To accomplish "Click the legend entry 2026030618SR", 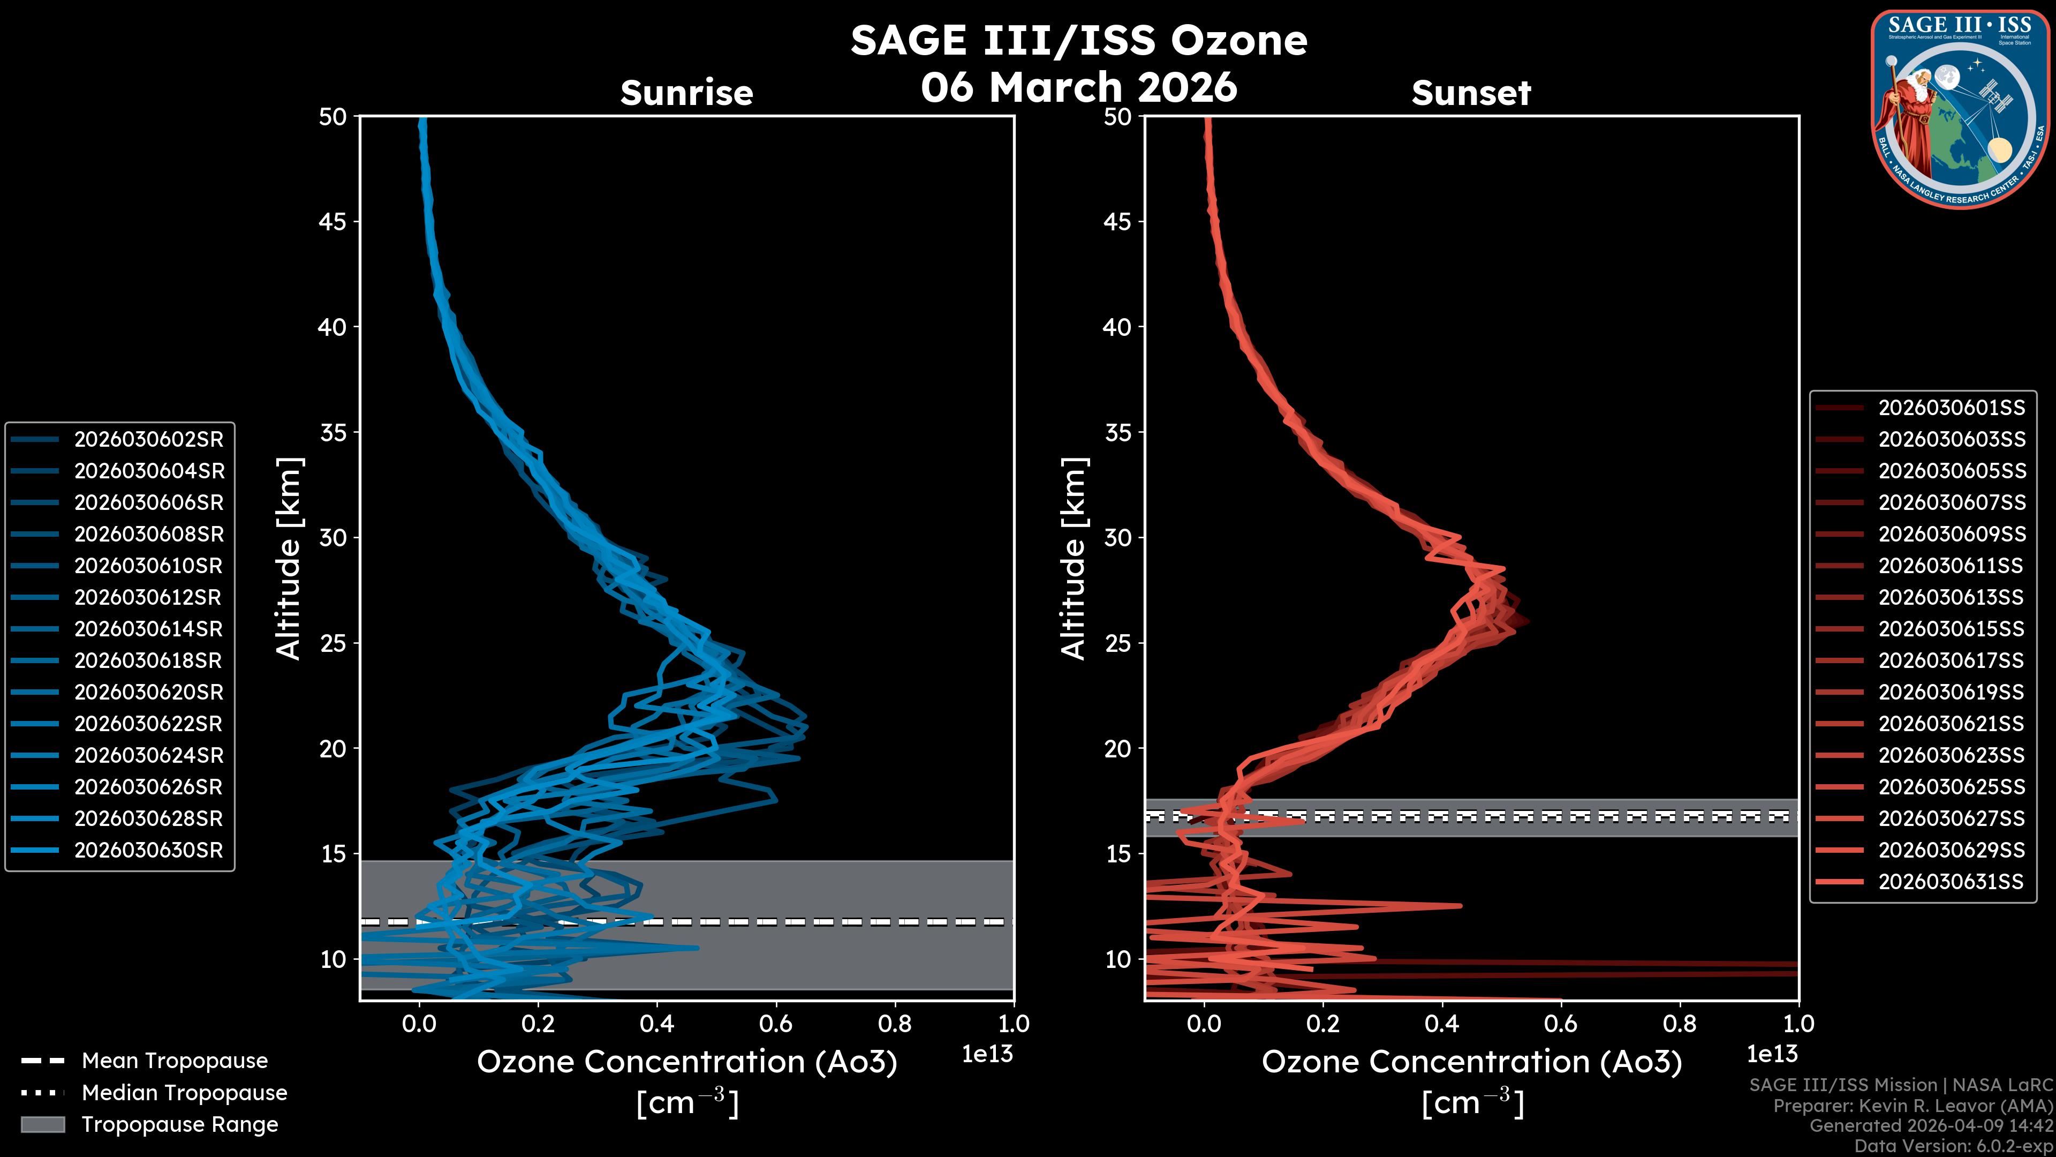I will (148, 660).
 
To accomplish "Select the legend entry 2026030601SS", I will (1952, 408).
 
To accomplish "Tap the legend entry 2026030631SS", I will (1952, 882).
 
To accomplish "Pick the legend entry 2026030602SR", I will (148, 439).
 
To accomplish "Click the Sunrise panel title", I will (686, 93).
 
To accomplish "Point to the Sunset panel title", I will (1471, 93).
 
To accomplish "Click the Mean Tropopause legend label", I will (174, 1061).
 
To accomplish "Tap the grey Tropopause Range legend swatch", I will (42, 1124).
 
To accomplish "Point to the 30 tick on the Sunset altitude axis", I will (1117, 537).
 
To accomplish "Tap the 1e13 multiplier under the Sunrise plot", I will (987, 1054).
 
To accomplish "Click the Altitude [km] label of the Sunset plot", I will (1074, 558).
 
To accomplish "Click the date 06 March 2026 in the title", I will (1078, 87).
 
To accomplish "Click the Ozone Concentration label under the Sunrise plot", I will (686, 1062).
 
